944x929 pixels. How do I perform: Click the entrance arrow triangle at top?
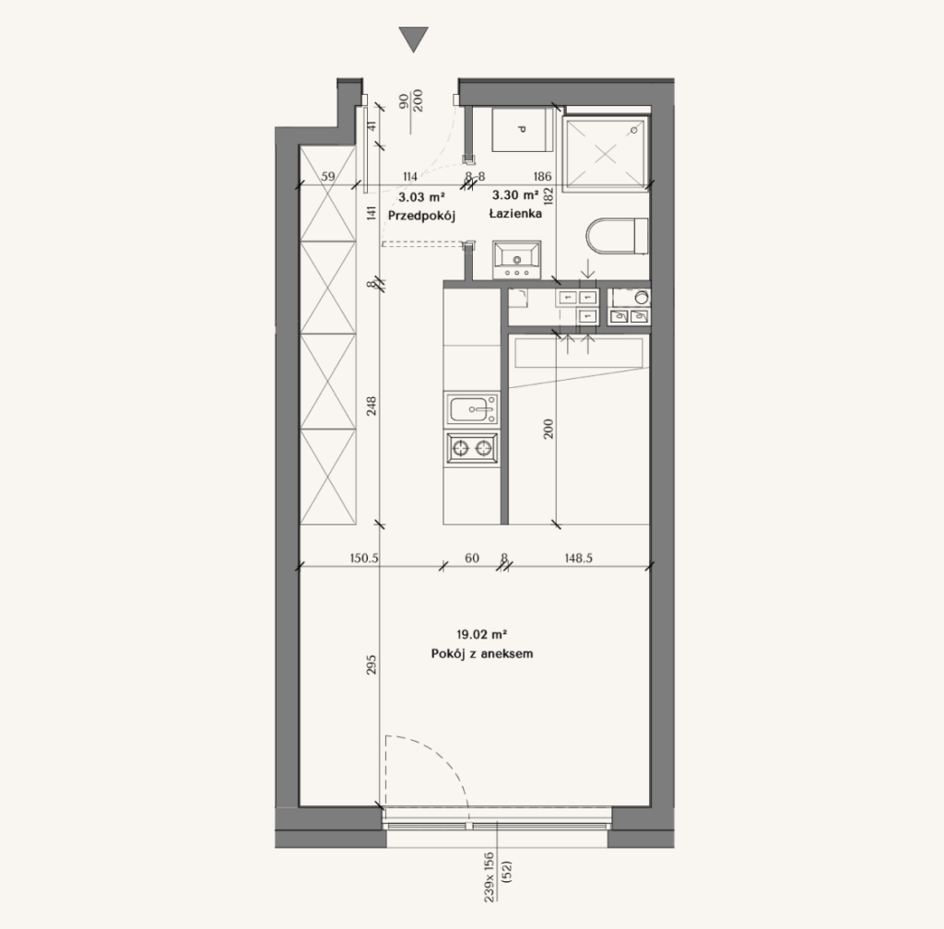point(414,38)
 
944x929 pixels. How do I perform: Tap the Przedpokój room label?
point(421,216)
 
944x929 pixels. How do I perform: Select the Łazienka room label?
point(515,214)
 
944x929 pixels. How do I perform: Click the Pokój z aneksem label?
point(481,653)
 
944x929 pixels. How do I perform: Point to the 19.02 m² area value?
point(481,634)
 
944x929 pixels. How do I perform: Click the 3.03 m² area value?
point(421,196)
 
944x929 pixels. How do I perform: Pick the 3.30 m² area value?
point(515,195)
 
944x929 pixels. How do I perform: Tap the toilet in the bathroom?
point(617,236)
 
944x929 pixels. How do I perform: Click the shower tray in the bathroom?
point(607,154)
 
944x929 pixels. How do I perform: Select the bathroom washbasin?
point(516,260)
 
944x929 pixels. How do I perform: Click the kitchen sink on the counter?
point(472,409)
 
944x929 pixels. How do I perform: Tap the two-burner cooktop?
point(472,448)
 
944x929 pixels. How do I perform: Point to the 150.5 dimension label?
point(364,559)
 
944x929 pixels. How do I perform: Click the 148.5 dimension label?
point(579,559)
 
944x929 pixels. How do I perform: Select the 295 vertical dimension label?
point(371,664)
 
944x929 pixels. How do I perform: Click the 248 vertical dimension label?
point(371,406)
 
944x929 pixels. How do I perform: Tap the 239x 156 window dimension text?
point(490,876)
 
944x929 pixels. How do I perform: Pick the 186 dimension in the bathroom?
point(542,176)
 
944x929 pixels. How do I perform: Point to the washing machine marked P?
point(523,129)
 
